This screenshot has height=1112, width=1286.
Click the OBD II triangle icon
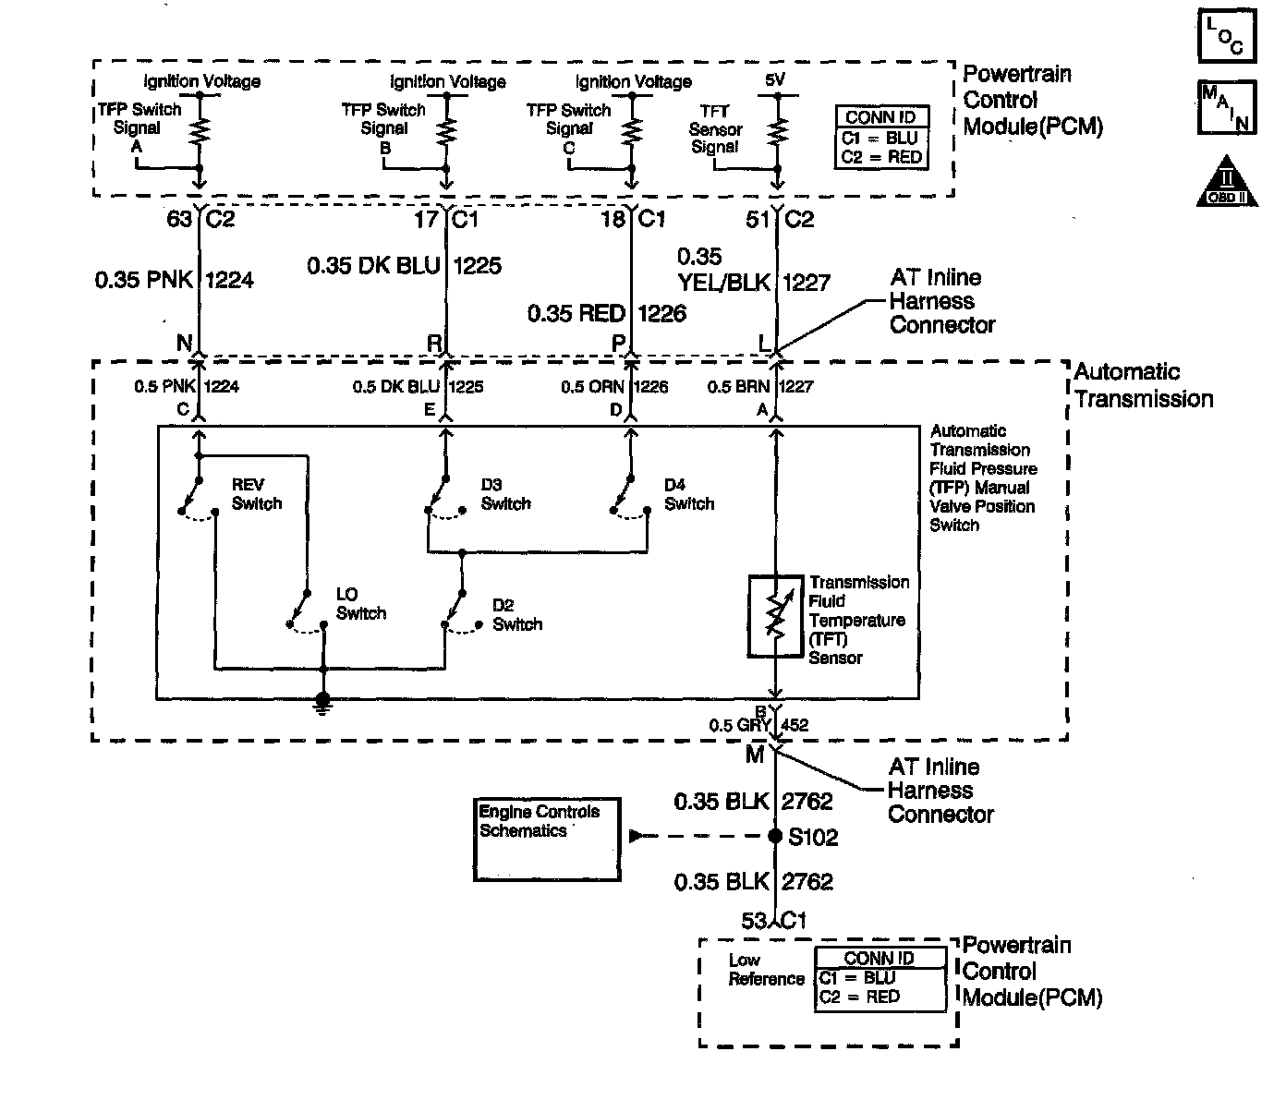1227,182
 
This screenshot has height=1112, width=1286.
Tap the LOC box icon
1227,35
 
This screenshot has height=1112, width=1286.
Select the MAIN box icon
1227,107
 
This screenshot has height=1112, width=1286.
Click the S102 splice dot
774,836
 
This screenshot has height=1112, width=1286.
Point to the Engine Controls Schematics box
547,839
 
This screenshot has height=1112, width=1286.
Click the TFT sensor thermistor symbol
775,616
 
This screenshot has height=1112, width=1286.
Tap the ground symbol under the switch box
322,704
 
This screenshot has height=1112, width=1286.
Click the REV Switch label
256,494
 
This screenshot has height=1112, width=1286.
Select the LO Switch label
361,603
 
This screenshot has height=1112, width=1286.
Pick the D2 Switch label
517,614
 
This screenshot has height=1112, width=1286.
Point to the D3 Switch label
506,494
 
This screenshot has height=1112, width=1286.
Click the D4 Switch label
688,494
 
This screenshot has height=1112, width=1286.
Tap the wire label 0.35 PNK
144,280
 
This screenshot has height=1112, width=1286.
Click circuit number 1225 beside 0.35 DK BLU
478,266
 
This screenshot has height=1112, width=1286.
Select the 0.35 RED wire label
576,313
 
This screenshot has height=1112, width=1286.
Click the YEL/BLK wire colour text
724,283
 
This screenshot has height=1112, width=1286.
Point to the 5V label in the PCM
774,79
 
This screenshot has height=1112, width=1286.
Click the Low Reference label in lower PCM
766,970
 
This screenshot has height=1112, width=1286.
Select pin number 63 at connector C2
179,219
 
